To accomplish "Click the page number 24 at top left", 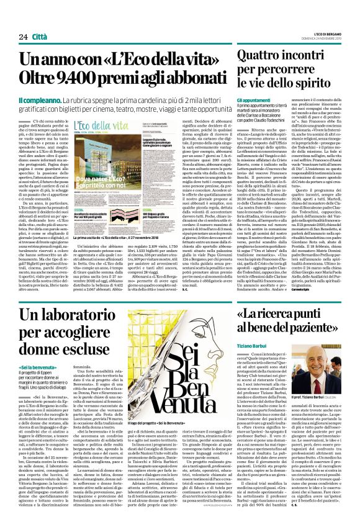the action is click(x=23, y=37).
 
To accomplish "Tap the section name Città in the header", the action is click(x=42, y=37).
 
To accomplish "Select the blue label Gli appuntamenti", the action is click(x=254, y=99).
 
